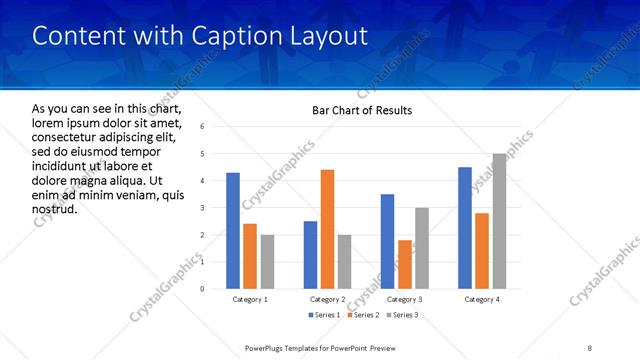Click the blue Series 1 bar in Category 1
(233, 230)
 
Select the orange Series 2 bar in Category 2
(327, 229)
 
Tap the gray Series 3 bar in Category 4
(499, 221)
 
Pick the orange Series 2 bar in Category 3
(405, 264)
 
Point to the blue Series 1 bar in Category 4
(465, 228)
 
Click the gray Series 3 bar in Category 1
(267, 261)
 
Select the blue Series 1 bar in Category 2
(310, 255)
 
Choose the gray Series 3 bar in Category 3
(422, 248)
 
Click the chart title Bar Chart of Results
(357, 110)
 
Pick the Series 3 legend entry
(399, 315)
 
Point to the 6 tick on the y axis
(203, 127)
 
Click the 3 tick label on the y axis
(203, 208)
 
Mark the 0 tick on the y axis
(203, 289)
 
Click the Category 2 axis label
(327, 299)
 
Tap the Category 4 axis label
(482, 299)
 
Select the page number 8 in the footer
(590, 347)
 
